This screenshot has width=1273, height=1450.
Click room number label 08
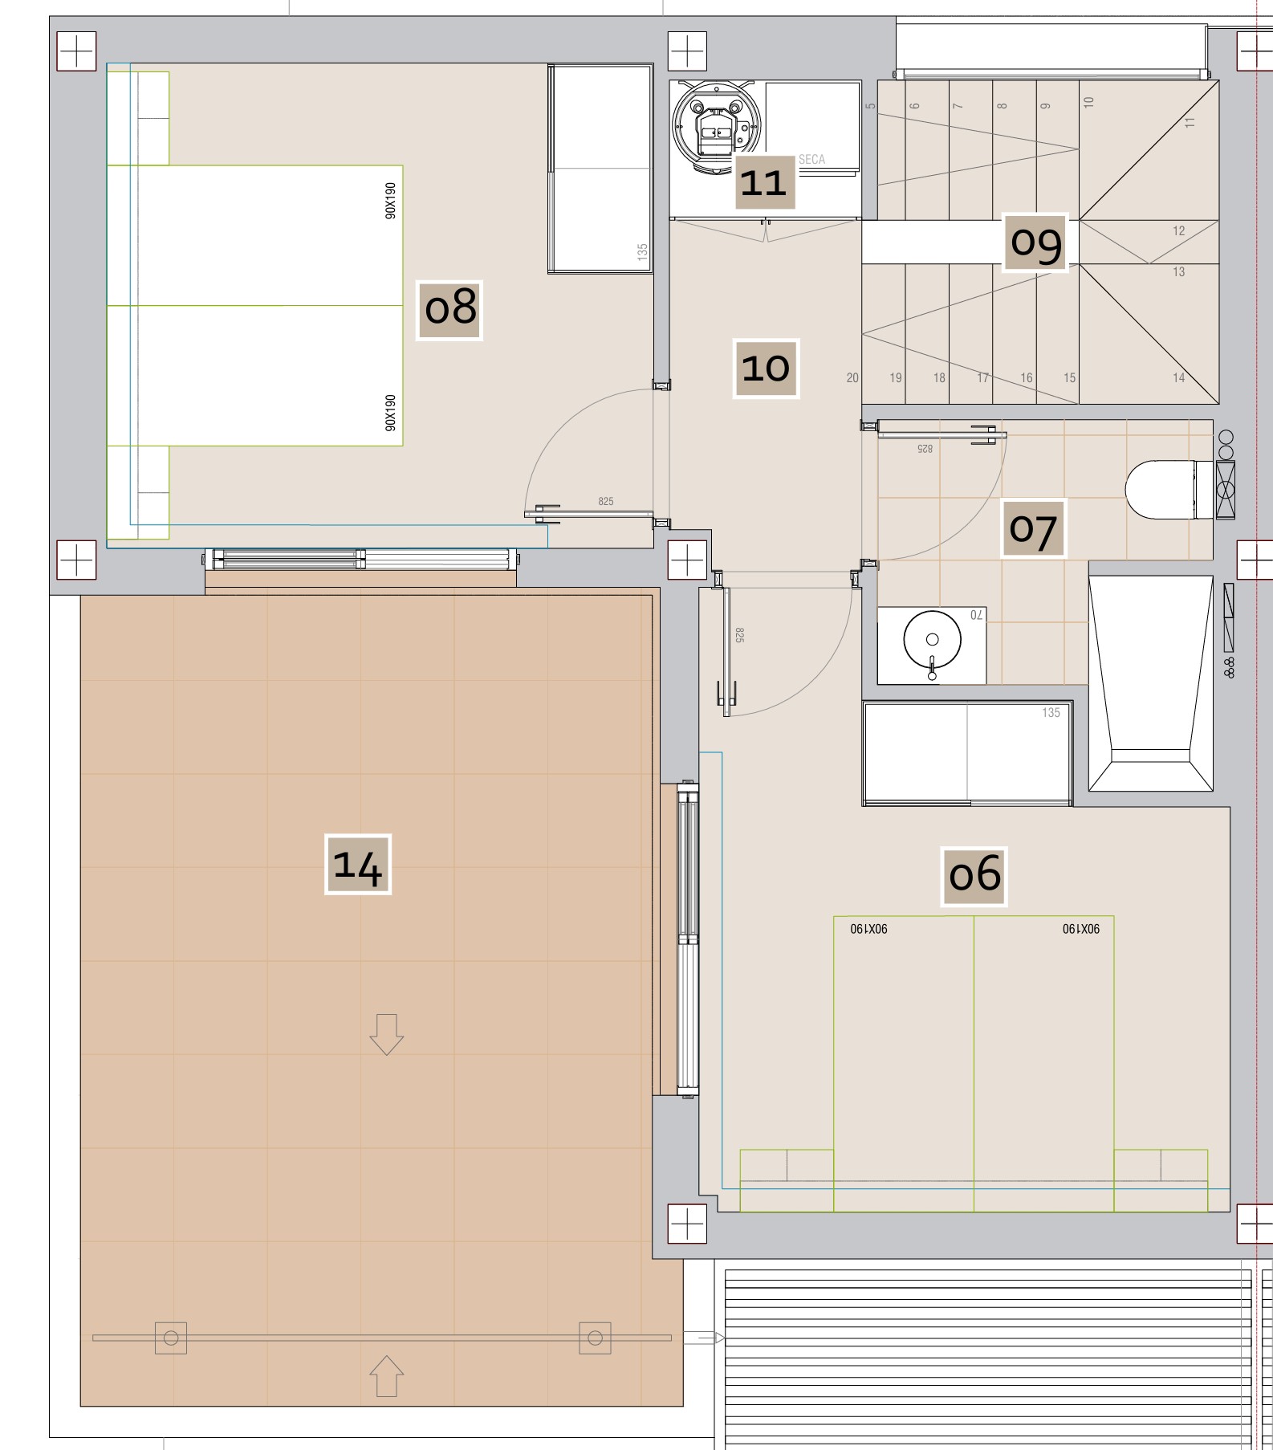click(x=449, y=310)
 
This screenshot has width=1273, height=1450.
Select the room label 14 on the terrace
click(x=358, y=865)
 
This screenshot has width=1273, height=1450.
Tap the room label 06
click(x=974, y=876)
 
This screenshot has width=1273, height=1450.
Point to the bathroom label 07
click(x=1033, y=529)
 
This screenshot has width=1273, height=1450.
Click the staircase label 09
click(x=1035, y=242)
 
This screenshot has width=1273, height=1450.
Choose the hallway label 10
click(x=767, y=369)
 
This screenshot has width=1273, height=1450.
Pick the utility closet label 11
click(x=766, y=182)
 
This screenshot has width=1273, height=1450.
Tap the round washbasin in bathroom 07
click(x=932, y=640)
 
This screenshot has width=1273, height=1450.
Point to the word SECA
click(x=811, y=160)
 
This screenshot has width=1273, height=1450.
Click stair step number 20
click(x=852, y=378)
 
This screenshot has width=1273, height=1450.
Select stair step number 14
click(x=1179, y=378)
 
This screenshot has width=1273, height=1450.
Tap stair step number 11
click(x=1190, y=122)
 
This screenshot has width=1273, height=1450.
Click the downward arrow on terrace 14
click(x=386, y=1034)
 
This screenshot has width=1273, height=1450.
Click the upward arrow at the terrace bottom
click(x=386, y=1375)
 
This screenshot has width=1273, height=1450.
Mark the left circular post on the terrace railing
click(x=171, y=1338)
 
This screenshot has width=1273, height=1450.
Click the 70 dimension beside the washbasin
click(x=976, y=615)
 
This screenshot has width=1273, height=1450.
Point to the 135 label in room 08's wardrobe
click(x=642, y=251)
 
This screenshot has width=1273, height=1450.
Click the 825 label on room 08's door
click(x=606, y=502)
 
